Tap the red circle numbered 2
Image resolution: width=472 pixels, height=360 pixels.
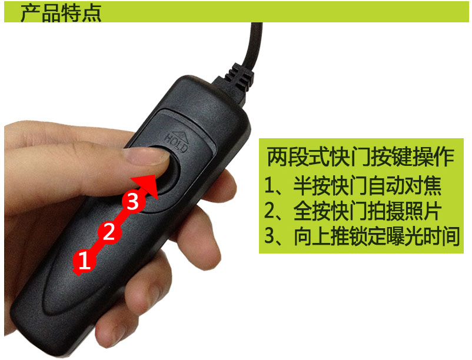point(108,231)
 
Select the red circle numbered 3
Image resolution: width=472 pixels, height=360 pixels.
point(133,202)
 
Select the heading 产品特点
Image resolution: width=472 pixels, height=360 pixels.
point(61,12)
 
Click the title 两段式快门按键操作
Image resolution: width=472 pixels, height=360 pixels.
point(360,157)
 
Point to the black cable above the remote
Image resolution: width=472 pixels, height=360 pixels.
point(254,41)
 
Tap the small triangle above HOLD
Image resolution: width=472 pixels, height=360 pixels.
point(181,131)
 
